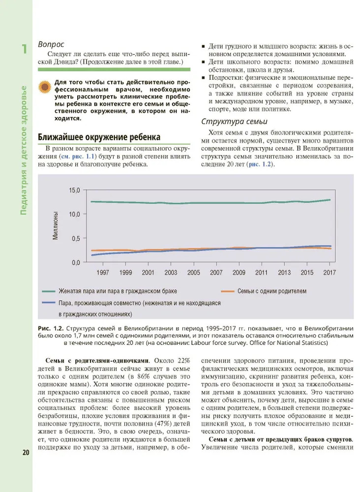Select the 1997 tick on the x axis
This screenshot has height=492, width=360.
click(x=103, y=272)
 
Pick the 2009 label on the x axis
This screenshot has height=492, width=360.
click(x=239, y=272)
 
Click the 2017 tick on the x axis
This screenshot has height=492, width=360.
click(x=330, y=272)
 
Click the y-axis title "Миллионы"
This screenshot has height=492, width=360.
click(x=56, y=226)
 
